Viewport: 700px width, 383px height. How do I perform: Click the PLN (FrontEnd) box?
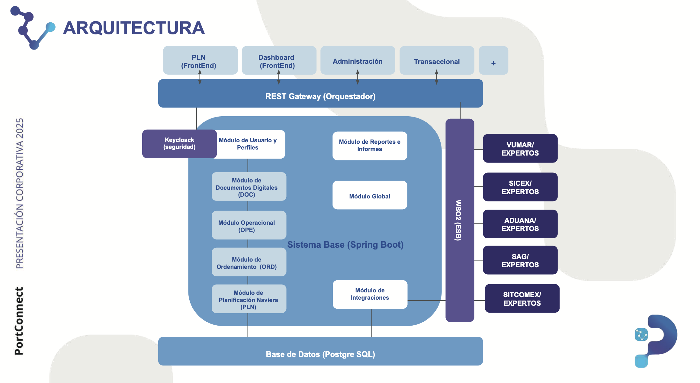[200, 60]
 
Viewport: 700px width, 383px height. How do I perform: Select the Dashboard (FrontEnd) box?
[279, 60]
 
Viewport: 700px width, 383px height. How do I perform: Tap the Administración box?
[358, 60]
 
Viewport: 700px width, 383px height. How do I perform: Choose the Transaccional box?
[437, 60]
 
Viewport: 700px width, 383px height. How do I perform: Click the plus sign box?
[493, 60]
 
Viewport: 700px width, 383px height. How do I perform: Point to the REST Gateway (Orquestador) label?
[320, 96]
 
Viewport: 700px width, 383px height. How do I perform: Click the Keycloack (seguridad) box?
[179, 144]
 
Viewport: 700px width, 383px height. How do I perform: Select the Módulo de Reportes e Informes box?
[370, 146]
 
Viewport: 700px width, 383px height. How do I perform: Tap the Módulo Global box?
[370, 195]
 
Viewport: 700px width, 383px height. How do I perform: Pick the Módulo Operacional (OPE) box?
[249, 225]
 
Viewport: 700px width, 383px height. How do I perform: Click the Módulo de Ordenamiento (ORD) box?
[249, 262]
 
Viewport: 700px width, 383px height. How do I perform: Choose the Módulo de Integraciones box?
[370, 294]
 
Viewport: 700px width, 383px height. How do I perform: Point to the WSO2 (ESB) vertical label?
[458, 220]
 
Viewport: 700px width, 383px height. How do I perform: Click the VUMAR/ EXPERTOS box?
[520, 148]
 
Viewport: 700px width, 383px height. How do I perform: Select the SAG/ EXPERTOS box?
[520, 260]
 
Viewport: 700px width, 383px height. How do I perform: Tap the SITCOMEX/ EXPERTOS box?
[522, 298]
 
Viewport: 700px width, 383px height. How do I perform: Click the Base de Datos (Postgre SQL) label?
[320, 354]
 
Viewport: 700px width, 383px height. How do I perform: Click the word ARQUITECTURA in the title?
[134, 28]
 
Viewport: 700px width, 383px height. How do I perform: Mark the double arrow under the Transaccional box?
[436, 77]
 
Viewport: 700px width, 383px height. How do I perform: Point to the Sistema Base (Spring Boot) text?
[345, 245]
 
